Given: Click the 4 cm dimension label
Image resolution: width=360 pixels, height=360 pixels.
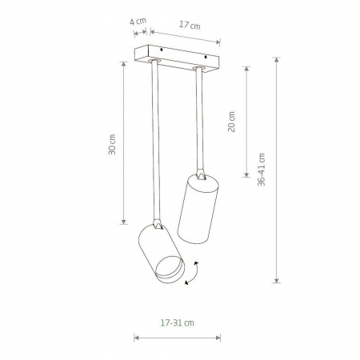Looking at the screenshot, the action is click(x=138, y=21).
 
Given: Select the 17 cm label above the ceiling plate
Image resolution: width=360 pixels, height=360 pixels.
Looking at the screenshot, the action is click(x=190, y=26).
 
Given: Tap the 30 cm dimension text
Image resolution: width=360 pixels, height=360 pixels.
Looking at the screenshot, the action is click(x=112, y=145).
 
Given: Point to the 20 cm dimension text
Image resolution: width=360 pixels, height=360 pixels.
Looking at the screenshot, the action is click(x=231, y=122).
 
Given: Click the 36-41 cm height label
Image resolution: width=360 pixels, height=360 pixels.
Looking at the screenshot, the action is click(x=262, y=170).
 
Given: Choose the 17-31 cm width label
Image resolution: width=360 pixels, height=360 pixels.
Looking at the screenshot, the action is click(x=178, y=323).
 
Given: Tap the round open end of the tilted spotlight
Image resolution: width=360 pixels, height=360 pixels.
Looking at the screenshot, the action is click(x=170, y=270).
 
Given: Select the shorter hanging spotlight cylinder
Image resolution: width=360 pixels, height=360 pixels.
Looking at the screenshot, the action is click(x=198, y=209).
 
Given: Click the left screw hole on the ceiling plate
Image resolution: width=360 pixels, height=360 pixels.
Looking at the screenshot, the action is click(x=162, y=50).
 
